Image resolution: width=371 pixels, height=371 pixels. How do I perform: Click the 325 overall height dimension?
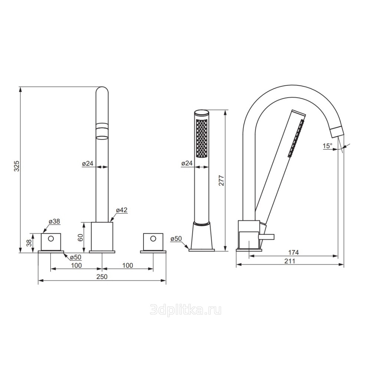(x=17, y=166)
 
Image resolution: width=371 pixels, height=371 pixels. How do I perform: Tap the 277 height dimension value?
(x=221, y=180)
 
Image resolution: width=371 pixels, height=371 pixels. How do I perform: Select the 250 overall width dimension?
(x=102, y=276)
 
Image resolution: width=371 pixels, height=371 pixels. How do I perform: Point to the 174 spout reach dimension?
(x=293, y=252)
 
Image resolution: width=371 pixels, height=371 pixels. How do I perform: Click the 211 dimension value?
(x=290, y=261)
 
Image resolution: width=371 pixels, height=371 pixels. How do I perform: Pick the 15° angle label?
(x=328, y=146)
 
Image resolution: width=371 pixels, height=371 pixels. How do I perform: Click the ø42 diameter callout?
(x=122, y=210)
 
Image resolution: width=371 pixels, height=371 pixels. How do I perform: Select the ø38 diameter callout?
(x=55, y=221)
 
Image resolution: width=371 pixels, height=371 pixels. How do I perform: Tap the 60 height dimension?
(x=81, y=237)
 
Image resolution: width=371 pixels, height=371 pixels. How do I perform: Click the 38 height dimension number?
(x=29, y=243)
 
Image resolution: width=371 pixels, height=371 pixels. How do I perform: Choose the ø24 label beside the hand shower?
(x=187, y=163)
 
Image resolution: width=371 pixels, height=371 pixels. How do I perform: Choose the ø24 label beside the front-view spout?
(x=88, y=163)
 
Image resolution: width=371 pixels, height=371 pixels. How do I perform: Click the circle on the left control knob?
(x=51, y=239)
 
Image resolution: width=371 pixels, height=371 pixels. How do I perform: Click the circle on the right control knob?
(x=153, y=239)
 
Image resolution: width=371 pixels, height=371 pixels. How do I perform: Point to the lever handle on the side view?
(x=266, y=237)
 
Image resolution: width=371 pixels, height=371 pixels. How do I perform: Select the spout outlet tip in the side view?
(x=337, y=133)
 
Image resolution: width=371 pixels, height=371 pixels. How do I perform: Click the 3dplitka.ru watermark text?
(x=186, y=310)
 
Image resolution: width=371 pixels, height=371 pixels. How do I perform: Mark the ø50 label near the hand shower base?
(x=176, y=239)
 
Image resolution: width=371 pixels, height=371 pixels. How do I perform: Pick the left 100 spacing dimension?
(x=76, y=265)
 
